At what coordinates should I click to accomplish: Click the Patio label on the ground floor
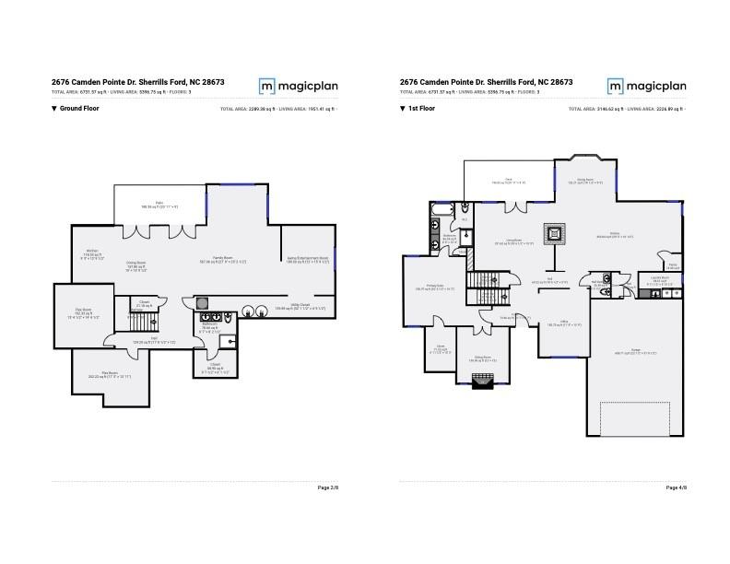(159, 205)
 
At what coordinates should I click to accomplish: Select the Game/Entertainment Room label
(307, 260)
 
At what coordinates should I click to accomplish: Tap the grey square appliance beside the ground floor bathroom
(202, 302)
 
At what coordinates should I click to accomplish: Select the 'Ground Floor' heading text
(78, 109)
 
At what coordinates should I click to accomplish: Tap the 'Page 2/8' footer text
(328, 488)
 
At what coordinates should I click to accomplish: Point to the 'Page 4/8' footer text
(676, 488)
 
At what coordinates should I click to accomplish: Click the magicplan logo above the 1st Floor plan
(646, 86)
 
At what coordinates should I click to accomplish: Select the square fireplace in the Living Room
(555, 233)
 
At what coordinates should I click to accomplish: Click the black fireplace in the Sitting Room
(482, 383)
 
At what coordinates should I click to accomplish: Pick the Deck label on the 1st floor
(508, 181)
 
